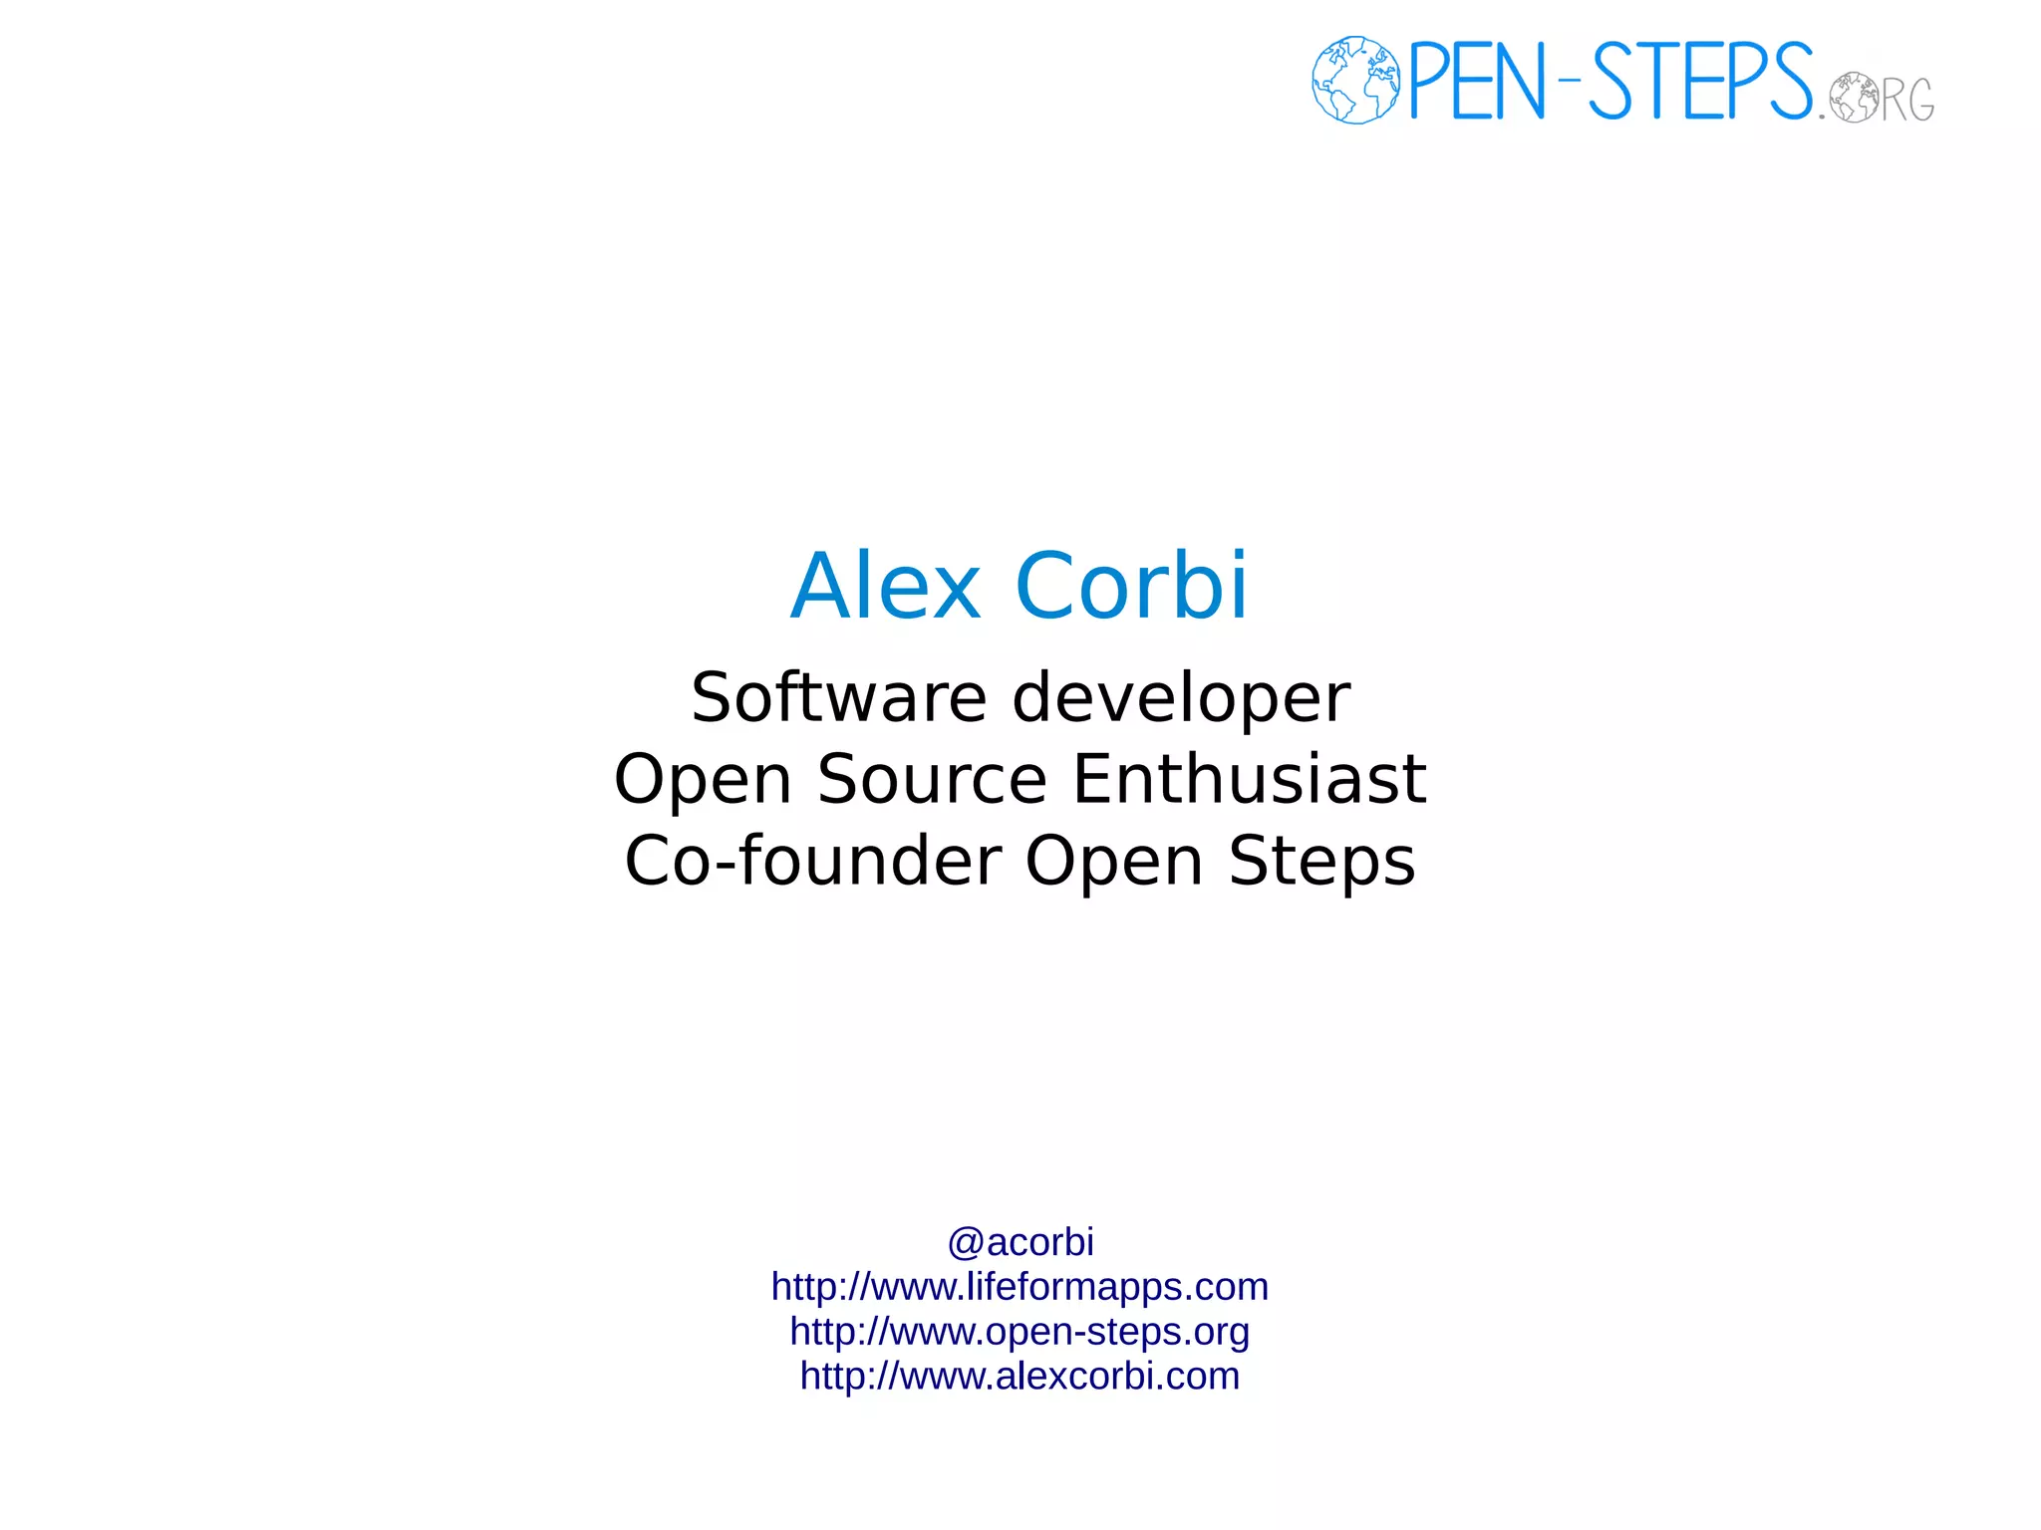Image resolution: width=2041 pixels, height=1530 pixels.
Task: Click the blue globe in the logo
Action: click(1355, 80)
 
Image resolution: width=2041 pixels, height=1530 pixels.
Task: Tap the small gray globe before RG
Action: click(1853, 97)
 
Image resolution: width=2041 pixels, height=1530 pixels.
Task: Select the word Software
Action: click(839, 697)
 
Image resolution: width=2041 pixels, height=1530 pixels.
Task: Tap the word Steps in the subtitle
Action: click(1321, 862)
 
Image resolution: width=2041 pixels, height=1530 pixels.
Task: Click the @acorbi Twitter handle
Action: click(1020, 1242)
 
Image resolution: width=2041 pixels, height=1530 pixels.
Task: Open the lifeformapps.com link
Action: click(1020, 1287)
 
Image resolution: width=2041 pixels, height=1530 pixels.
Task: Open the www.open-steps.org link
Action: click(1020, 1332)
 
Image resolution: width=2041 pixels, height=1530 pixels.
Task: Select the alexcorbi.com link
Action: click(1020, 1376)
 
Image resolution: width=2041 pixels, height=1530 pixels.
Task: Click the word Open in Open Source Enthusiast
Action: click(704, 780)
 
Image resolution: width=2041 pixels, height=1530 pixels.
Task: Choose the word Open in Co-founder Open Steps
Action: click(1114, 862)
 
